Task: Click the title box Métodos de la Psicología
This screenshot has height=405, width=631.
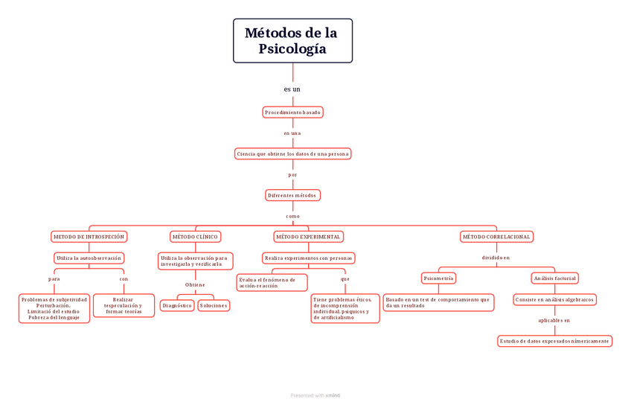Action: pyautogui.click(x=292, y=41)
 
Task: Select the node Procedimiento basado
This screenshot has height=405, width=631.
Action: pyautogui.click(x=292, y=112)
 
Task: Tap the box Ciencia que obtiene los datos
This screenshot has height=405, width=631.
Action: pyautogui.click(x=292, y=154)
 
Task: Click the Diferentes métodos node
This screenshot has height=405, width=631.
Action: pyautogui.click(x=292, y=196)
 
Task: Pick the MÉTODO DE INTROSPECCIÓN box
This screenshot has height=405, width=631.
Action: pyautogui.click(x=89, y=237)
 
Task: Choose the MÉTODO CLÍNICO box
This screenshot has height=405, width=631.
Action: pyautogui.click(x=195, y=237)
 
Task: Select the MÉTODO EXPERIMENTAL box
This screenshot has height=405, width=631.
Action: pyautogui.click(x=308, y=237)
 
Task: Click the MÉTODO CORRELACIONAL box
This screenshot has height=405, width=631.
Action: pyautogui.click(x=496, y=237)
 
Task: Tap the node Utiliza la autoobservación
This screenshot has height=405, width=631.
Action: pyautogui.click(x=89, y=258)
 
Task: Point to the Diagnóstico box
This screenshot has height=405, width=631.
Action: pyautogui.click(x=177, y=305)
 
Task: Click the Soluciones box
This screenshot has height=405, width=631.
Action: pyautogui.click(x=214, y=305)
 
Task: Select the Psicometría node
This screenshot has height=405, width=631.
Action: pyautogui.click(x=438, y=278)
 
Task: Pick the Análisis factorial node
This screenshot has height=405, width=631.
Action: pyautogui.click(x=554, y=278)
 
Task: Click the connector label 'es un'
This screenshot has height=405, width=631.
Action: pyautogui.click(x=292, y=89)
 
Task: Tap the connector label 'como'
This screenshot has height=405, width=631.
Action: pyautogui.click(x=292, y=216)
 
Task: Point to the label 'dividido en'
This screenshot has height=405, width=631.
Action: pyautogui.click(x=496, y=258)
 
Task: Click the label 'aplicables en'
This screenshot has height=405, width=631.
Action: pyautogui.click(x=554, y=321)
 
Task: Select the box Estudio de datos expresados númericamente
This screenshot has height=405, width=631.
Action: pyautogui.click(x=554, y=341)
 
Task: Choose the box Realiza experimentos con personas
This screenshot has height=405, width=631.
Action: pyautogui.click(x=308, y=258)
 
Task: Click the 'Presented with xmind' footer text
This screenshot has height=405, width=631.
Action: pyautogui.click(x=315, y=396)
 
